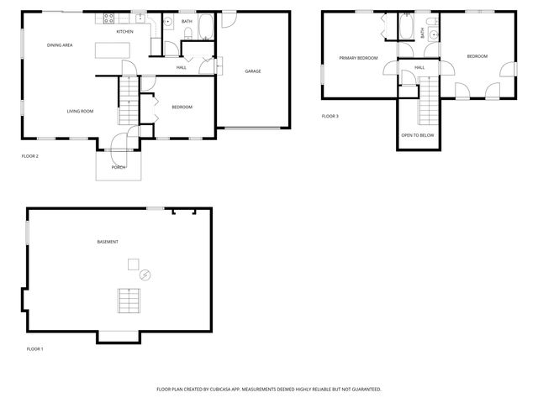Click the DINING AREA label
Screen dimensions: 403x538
point(60,45)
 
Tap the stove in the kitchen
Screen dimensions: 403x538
point(109,19)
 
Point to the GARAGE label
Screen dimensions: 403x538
point(252,71)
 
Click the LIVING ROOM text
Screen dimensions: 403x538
point(80,111)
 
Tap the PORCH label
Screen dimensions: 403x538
point(119,167)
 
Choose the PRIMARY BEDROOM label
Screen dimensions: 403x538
point(358,58)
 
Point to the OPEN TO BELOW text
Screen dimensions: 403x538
point(418,135)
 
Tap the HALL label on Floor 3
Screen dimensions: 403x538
point(419,67)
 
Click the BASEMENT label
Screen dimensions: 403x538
point(108,242)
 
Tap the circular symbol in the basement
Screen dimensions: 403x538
point(145,275)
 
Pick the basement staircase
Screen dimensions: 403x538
point(129,300)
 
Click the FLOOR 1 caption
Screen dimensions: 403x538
point(34,348)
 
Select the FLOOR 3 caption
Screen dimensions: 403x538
point(330,117)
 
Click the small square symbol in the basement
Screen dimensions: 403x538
point(133,264)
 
